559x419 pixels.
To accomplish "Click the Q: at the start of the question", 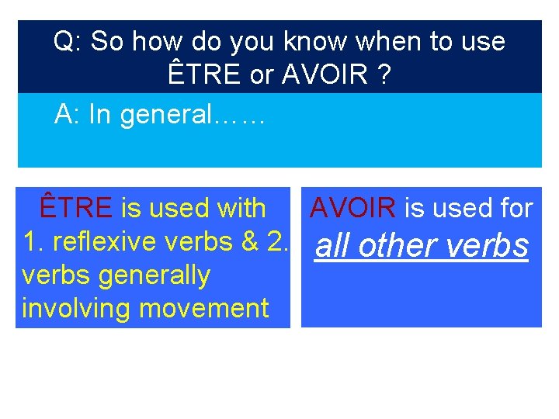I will click(x=67, y=42).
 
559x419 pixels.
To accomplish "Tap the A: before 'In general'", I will click(x=67, y=115).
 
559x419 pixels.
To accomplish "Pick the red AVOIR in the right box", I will click(x=353, y=208).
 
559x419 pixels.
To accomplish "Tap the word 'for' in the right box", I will click(x=515, y=208).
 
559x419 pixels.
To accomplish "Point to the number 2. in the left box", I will click(x=277, y=242).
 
